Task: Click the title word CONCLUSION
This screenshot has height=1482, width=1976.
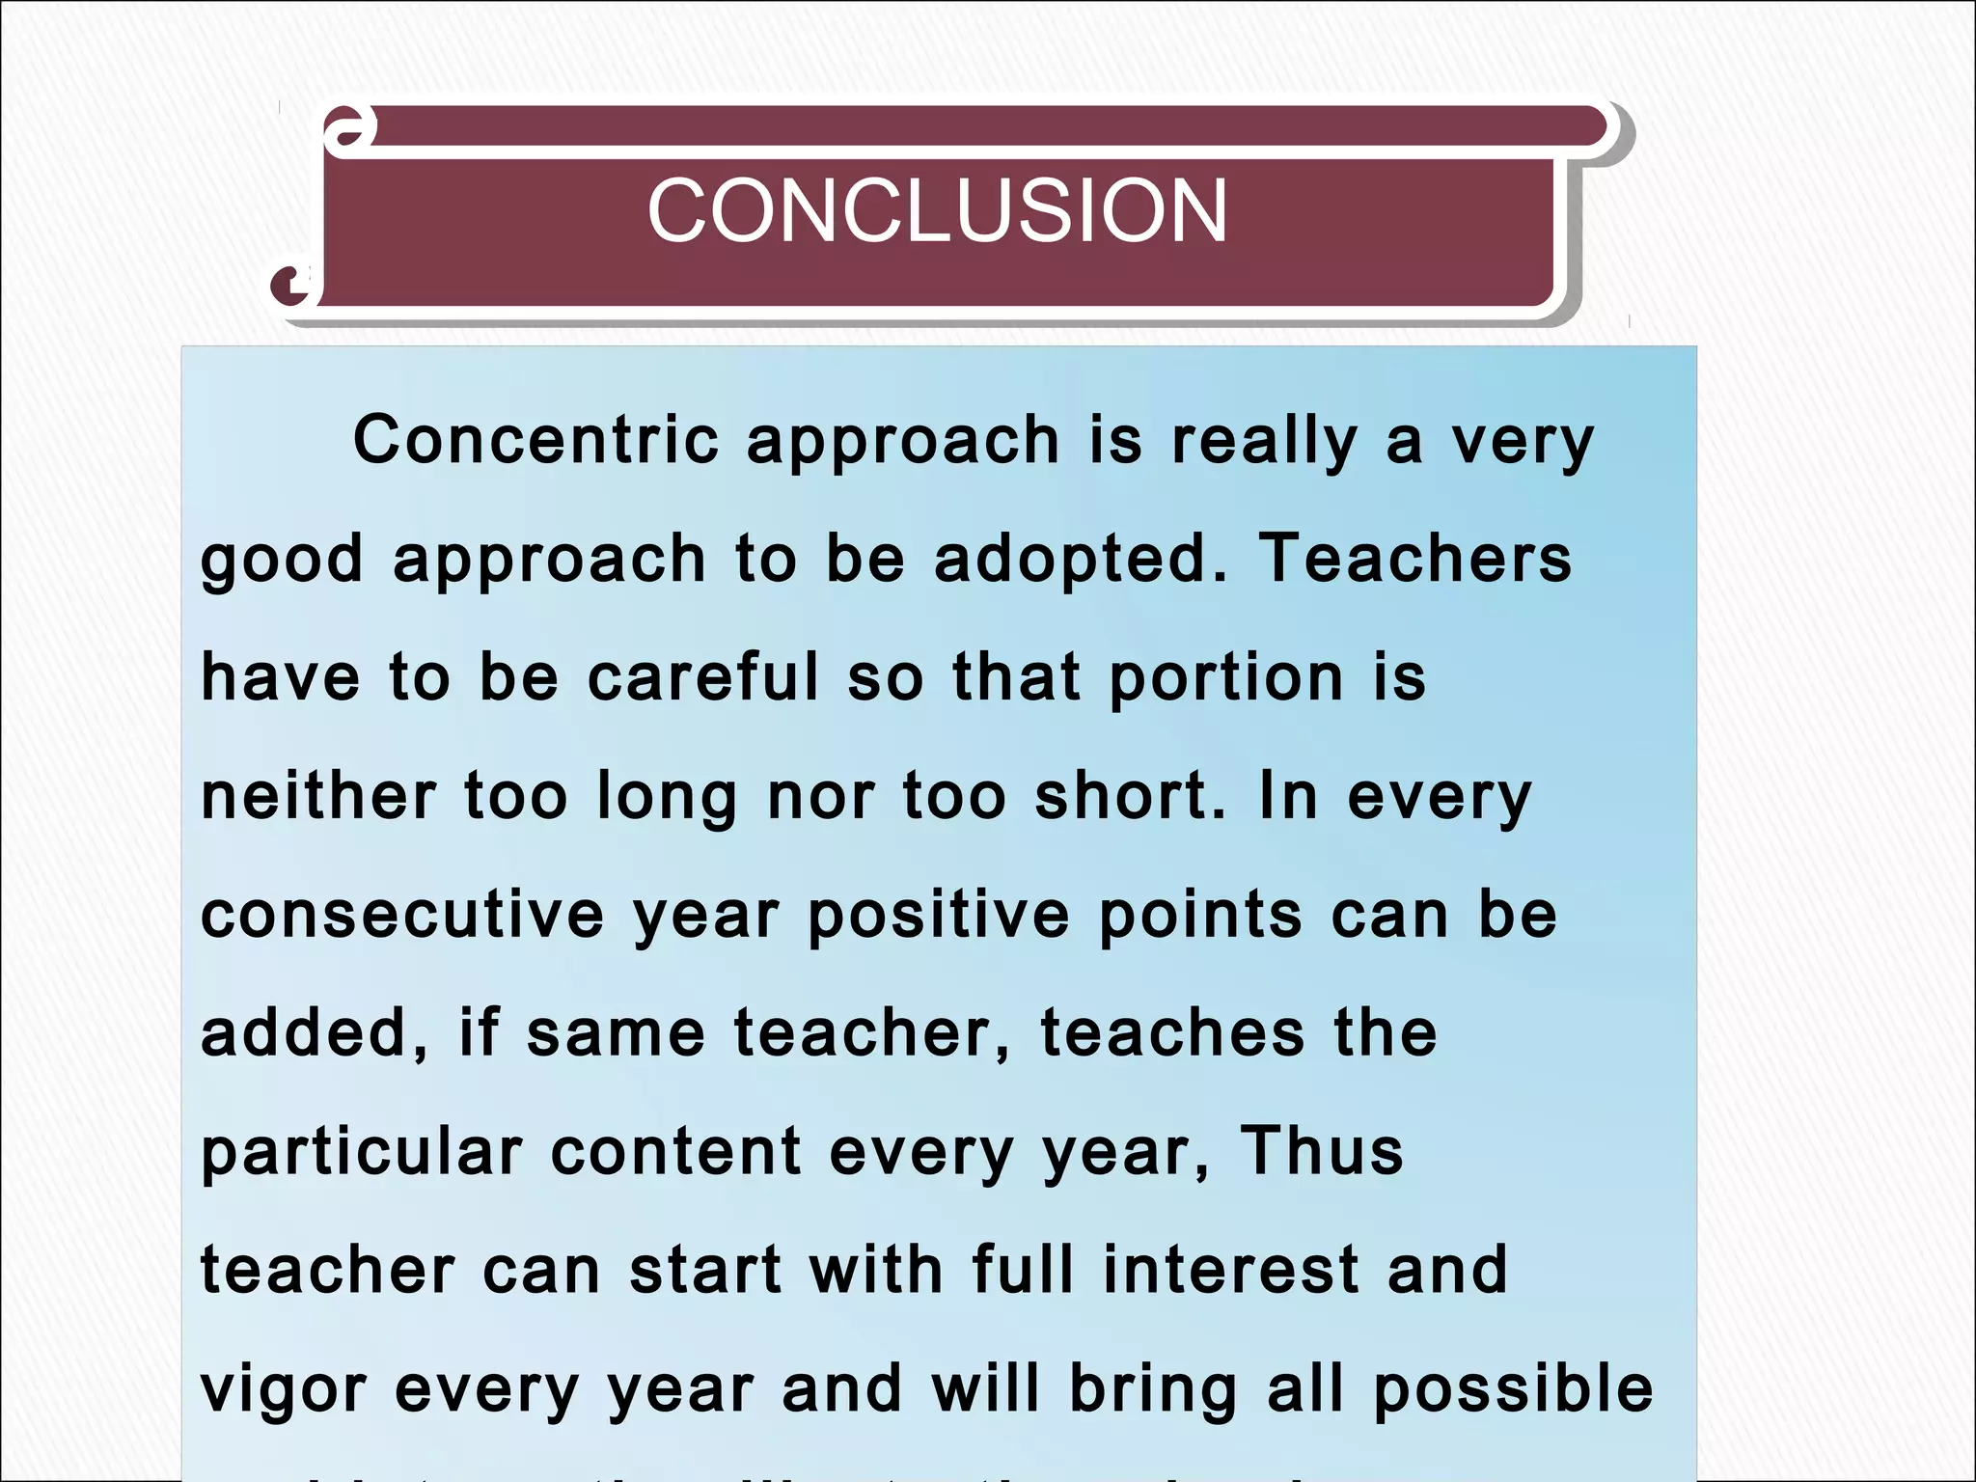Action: click(x=937, y=210)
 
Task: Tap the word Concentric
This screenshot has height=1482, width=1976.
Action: click(x=536, y=440)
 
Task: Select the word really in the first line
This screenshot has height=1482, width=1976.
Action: click(x=1265, y=442)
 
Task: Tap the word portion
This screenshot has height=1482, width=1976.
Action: click(x=1226, y=678)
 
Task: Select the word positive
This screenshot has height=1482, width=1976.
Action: click(x=939, y=916)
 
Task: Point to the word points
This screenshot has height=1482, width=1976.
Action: click(x=1200, y=916)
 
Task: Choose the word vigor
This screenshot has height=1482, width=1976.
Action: click(x=284, y=1390)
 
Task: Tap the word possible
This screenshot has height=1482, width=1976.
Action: click(x=1513, y=1389)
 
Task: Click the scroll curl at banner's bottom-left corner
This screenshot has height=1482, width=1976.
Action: click(x=292, y=284)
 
